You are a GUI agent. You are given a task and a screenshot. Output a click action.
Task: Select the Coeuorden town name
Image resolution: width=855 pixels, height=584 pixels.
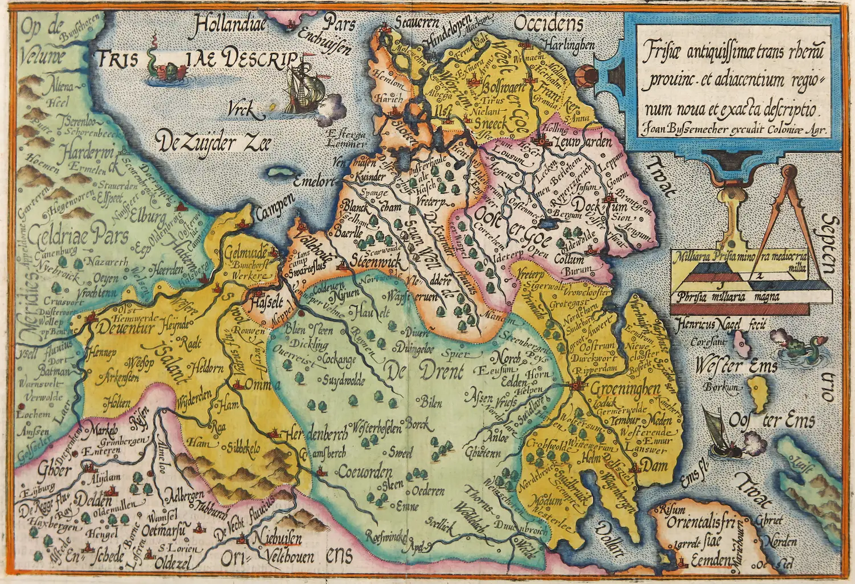point(365,472)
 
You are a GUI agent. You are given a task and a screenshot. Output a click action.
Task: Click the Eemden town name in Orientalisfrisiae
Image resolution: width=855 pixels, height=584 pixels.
point(710,561)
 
